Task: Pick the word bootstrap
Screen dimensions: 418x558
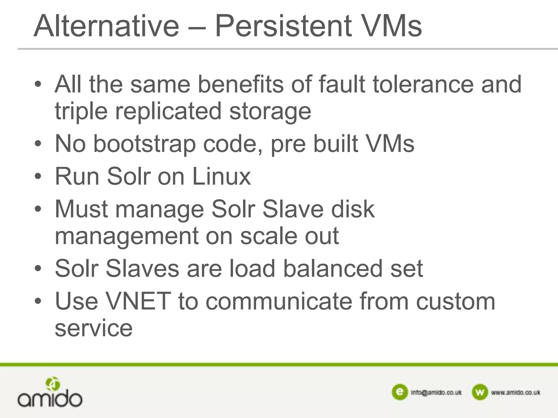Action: point(144,144)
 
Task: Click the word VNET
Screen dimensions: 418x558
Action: point(138,301)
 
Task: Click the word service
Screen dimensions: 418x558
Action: point(93,328)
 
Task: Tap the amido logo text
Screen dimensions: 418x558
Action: point(50,399)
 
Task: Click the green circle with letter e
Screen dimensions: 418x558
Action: point(399,392)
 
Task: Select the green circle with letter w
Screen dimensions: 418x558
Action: point(480,392)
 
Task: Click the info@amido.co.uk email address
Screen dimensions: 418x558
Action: point(436,392)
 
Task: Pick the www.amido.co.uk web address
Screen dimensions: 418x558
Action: point(515,392)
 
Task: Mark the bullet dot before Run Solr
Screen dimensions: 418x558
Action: point(38,176)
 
